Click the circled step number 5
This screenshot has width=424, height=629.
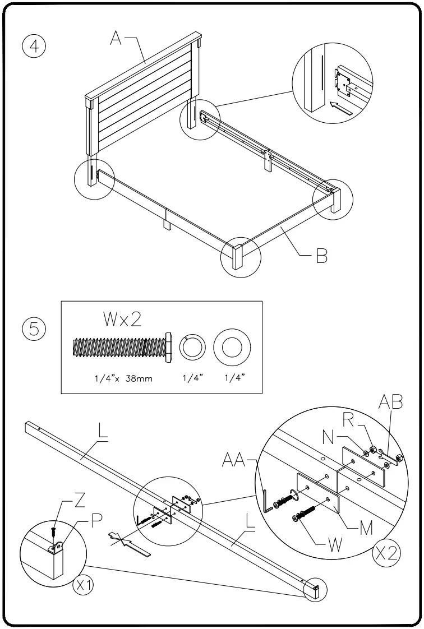[x=34, y=329]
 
